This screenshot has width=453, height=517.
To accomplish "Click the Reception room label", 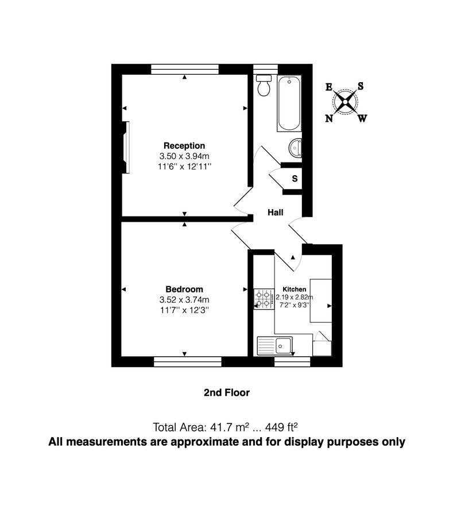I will point(184,145).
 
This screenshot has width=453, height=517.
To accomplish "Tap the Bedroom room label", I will point(184,289).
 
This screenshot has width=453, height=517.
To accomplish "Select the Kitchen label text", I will point(294,289).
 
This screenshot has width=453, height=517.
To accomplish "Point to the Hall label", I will point(276,213).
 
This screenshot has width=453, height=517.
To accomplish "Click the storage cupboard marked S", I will point(295,179).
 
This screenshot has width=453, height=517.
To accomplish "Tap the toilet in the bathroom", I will point(264,86).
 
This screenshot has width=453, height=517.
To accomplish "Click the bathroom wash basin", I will point(296,148).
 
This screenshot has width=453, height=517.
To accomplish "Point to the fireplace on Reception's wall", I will point(127,146).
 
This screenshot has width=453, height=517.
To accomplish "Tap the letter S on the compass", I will point(361,86).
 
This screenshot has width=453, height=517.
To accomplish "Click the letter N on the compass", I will point(330,119).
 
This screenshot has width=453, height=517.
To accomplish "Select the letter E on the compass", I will point(329,87).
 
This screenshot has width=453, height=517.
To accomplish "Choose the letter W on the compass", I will point(362,119).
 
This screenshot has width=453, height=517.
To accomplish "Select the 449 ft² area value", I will point(280,427).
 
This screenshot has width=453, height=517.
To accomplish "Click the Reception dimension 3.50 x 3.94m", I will point(184,156).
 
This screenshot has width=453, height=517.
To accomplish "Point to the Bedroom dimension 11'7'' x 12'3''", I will point(184,310).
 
